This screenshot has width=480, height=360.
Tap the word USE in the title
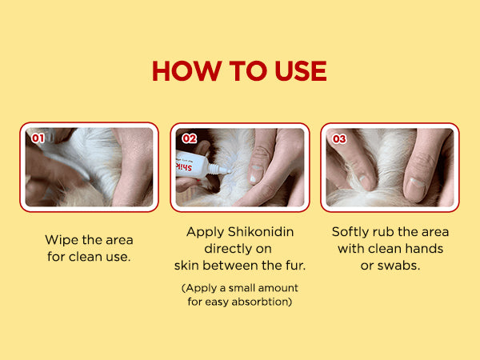(x=301, y=70)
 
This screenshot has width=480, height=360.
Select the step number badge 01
(x=38, y=138)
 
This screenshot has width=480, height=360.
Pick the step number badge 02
(x=189, y=138)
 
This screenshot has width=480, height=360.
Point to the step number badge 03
(x=339, y=139)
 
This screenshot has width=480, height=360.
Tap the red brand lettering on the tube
(x=184, y=166)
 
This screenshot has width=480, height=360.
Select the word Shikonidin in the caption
(x=261, y=232)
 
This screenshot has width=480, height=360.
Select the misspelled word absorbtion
(x=262, y=302)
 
